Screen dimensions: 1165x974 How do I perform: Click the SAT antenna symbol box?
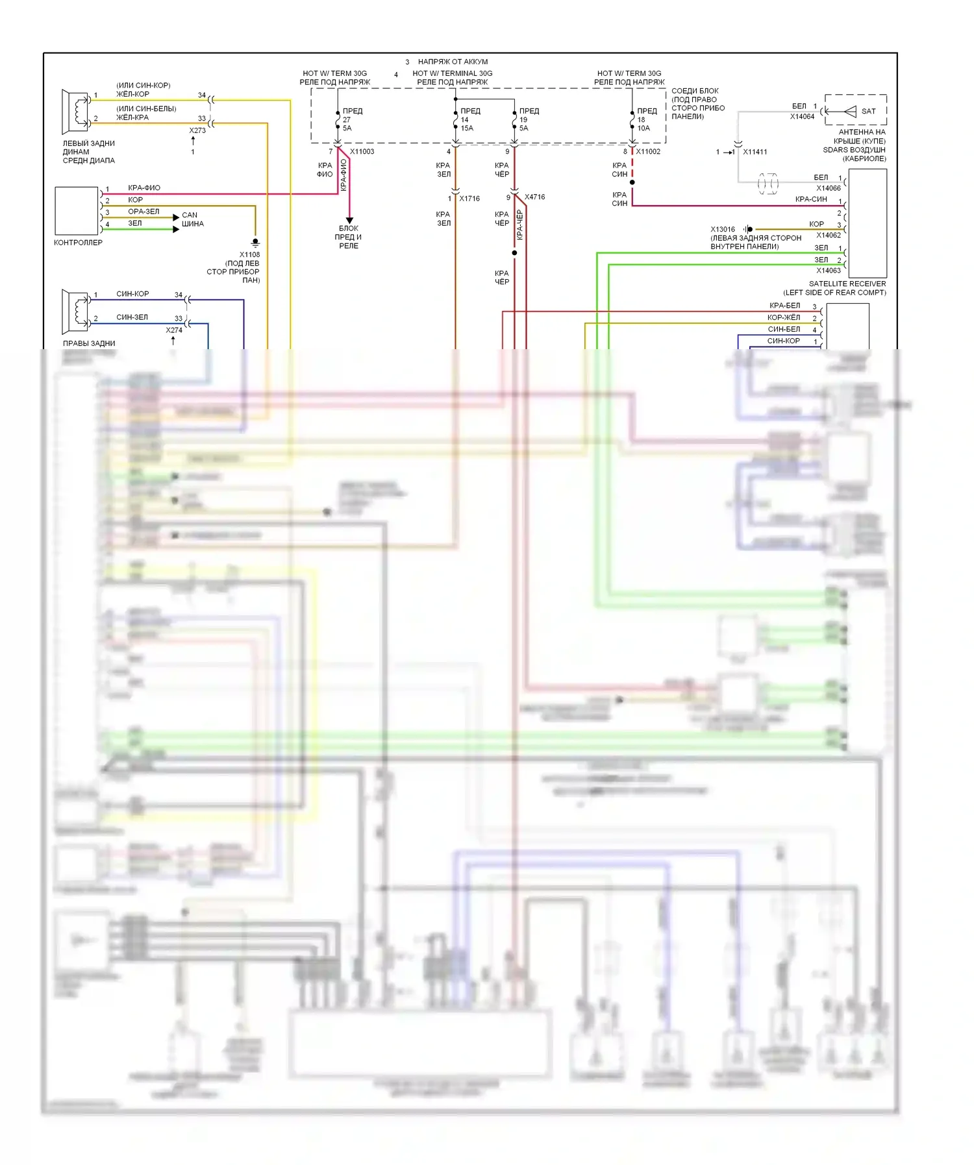click(856, 111)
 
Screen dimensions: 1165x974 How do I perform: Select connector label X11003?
click(362, 152)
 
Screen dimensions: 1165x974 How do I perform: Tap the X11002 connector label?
click(647, 152)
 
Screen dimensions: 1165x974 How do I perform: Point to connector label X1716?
click(469, 199)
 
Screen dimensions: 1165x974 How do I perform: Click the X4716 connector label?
click(534, 197)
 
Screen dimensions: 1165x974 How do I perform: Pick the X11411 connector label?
click(755, 152)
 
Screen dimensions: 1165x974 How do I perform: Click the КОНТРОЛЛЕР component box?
click(77, 211)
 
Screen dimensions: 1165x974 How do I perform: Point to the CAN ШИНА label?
click(192, 219)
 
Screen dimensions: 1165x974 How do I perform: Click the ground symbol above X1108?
click(255, 243)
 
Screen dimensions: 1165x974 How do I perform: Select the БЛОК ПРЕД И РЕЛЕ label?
click(349, 237)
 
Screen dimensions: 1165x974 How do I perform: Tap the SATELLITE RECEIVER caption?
click(847, 284)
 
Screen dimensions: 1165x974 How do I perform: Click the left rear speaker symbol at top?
click(75, 111)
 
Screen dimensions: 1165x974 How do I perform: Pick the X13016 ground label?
click(722, 229)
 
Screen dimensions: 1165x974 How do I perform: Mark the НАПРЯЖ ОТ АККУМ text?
click(453, 62)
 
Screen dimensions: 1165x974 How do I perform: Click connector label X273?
click(197, 130)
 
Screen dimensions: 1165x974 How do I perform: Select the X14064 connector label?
click(802, 117)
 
